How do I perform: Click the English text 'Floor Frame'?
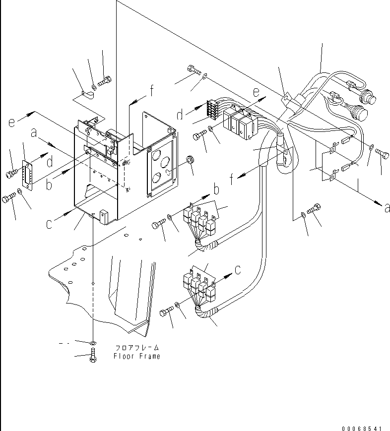point(136,356)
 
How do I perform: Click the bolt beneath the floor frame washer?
point(93,356)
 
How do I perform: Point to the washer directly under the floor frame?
point(93,343)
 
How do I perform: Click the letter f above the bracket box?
point(151,90)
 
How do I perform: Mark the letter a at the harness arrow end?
point(387,208)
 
